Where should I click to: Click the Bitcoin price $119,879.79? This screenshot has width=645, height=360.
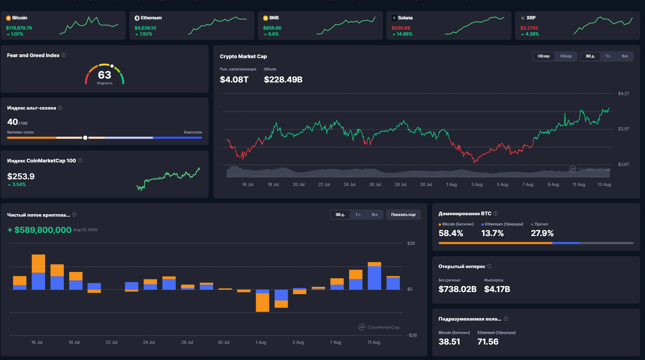[x=19, y=28]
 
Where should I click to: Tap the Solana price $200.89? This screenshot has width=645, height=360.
[x=401, y=28]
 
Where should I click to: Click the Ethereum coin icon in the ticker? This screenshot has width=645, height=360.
[x=137, y=18]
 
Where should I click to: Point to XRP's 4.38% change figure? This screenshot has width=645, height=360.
[x=532, y=34]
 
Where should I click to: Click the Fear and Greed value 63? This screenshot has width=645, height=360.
[x=105, y=75]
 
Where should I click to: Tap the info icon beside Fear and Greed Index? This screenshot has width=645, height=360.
[x=63, y=55]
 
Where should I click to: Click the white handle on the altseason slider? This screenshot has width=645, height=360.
[x=85, y=138]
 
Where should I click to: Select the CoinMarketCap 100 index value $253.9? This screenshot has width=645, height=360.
[x=21, y=176]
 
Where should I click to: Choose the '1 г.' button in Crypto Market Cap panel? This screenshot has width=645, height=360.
[x=608, y=56]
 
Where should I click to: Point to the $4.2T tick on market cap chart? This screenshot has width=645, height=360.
[x=624, y=94]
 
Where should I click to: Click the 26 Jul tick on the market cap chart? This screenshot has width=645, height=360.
[x=375, y=185]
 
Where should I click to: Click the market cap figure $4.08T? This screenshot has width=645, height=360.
[x=234, y=80]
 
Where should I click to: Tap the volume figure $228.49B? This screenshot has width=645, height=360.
[x=283, y=80]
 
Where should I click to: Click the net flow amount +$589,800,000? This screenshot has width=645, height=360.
[x=39, y=230]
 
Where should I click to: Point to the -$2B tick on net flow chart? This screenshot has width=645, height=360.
[x=412, y=335]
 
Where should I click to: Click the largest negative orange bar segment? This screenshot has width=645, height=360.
[x=262, y=303]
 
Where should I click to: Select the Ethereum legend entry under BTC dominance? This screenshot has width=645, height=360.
[x=502, y=224]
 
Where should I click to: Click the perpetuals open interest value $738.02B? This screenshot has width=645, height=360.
[x=458, y=289]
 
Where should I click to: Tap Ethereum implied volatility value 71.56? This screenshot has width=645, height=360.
[x=488, y=342]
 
